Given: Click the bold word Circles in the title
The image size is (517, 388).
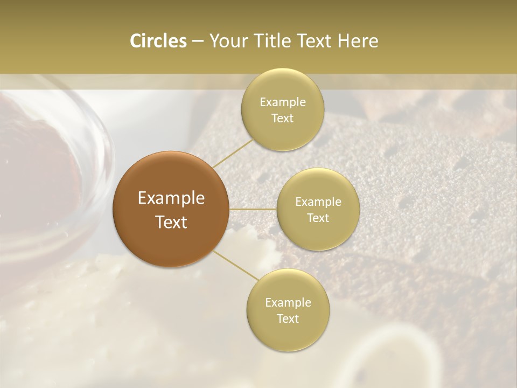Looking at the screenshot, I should [158, 41].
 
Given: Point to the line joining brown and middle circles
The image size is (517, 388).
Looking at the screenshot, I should [253, 209].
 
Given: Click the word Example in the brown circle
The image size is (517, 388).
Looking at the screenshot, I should [171, 198].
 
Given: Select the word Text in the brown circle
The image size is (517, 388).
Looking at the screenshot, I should [171, 222].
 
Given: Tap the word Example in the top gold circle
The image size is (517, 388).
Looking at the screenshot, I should [282, 102].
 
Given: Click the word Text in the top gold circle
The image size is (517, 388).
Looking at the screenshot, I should [282, 118].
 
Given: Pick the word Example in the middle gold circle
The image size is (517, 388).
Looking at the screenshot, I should [318, 202].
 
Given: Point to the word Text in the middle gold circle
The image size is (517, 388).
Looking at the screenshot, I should [318, 218].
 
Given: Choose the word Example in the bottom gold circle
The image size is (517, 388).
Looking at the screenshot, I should [288, 303].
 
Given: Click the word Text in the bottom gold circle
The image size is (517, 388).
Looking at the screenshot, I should [288, 318].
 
